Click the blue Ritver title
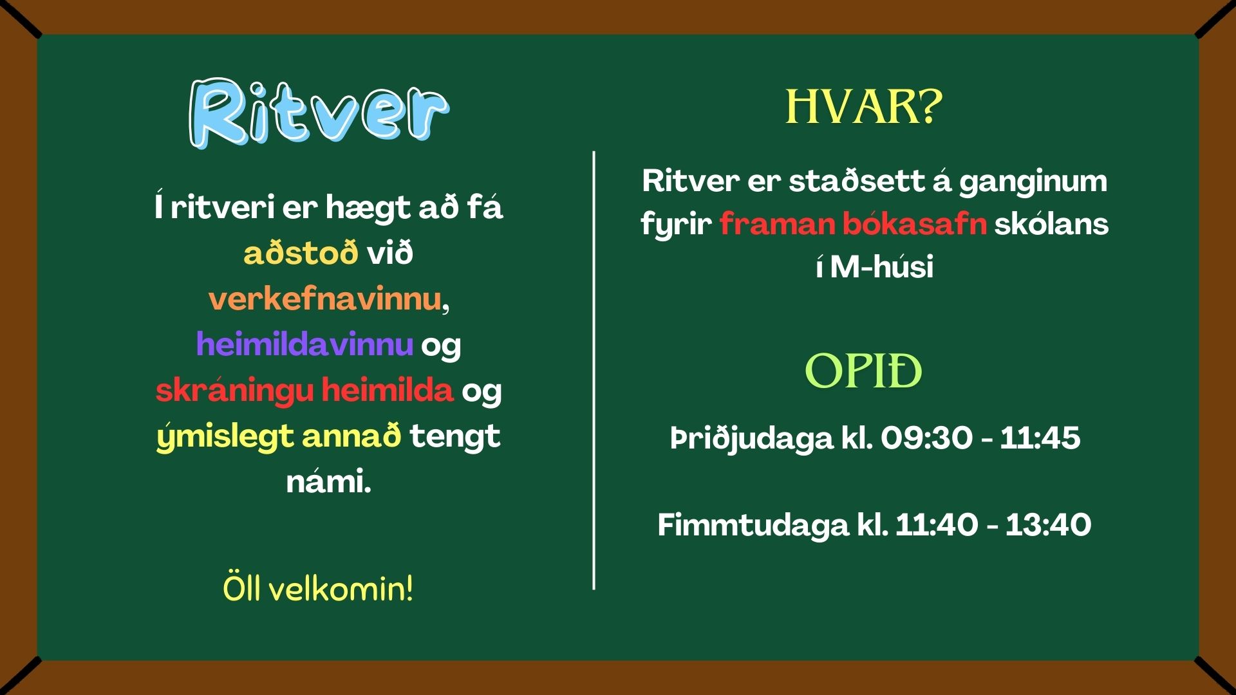[x=319, y=114]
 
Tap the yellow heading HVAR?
[x=864, y=107]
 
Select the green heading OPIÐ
[x=863, y=371]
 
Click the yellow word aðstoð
[x=301, y=253]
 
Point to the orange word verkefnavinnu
[x=325, y=299]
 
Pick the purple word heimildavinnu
[x=304, y=344]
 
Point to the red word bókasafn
[x=915, y=224]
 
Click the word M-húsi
[x=881, y=266]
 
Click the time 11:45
[x=1040, y=438]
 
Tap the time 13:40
[x=1048, y=524]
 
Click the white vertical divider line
[x=594, y=370]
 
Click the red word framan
[x=777, y=224]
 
